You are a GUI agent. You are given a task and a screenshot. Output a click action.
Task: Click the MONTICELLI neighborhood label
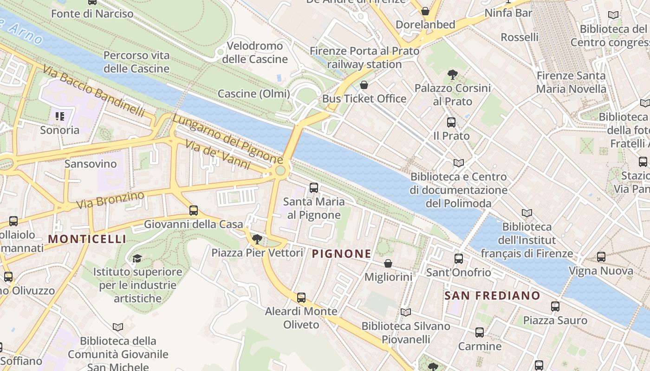(x=87, y=239)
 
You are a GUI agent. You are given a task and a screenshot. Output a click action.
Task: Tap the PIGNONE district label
(x=342, y=254)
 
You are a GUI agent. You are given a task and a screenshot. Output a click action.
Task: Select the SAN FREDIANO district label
(x=492, y=295)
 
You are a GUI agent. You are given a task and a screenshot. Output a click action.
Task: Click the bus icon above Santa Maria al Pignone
(x=314, y=188)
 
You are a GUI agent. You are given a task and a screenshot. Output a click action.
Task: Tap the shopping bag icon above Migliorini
(x=388, y=263)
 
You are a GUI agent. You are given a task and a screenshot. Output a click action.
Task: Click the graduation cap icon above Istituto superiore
(x=137, y=258)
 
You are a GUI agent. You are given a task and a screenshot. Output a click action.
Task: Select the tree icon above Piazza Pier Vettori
(x=257, y=239)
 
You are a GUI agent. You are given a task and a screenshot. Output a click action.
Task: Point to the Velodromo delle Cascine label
(x=255, y=52)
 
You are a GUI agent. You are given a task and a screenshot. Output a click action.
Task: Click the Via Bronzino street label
(x=110, y=200)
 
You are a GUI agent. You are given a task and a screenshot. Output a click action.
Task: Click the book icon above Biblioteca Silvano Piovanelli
(x=406, y=313)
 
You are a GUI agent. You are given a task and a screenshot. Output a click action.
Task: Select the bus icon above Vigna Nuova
(x=601, y=256)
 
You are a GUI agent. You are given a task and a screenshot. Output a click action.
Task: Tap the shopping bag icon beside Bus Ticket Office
(x=364, y=85)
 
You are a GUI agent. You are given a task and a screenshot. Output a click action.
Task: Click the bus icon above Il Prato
(x=451, y=122)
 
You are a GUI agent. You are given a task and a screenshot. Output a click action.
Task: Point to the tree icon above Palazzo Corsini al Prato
(x=453, y=74)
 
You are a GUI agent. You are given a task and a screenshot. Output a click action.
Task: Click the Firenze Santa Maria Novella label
(x=571, y=82)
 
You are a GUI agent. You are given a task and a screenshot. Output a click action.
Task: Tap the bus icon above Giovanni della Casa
(x=194, y=211)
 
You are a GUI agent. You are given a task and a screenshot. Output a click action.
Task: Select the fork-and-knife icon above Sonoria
(x=59, y=116)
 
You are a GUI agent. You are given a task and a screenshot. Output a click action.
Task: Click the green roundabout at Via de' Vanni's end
(x=280, y=171)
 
